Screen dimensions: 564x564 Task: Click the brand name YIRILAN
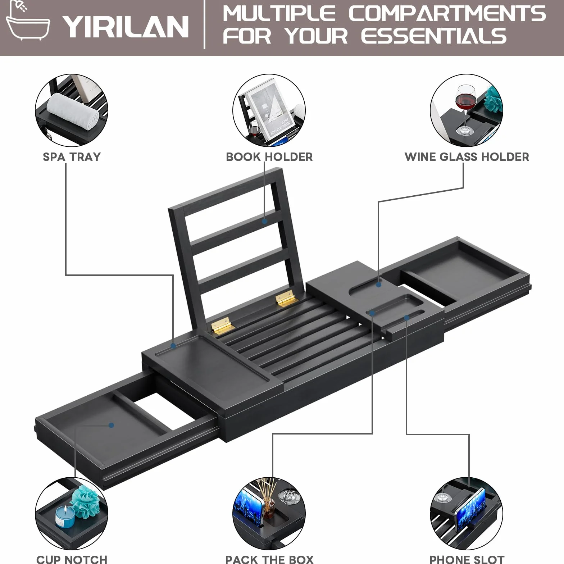(x=126, y=27)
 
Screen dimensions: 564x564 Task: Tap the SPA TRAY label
(x=72, y=157)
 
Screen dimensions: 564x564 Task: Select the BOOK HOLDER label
(x=269, y=157)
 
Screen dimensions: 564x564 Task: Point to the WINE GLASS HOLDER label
(x=467, y=157)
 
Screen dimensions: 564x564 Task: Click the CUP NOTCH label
(x=72, y=559)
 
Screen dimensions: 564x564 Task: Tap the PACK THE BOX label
(x=269, y=559)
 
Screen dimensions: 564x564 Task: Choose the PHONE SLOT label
(x=467, y=559)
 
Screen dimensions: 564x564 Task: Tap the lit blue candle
(x=65, y=516)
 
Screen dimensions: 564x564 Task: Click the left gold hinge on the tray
(x=221, y=325)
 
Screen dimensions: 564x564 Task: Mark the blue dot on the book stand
(x=264, y=221)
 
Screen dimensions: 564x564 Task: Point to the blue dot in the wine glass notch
(x=378, y=285)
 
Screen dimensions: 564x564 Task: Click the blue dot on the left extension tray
(x=111, y=425)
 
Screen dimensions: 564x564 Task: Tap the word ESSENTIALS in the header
(x=434, y=36)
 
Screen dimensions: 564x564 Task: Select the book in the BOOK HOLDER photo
(x=272, y=108)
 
